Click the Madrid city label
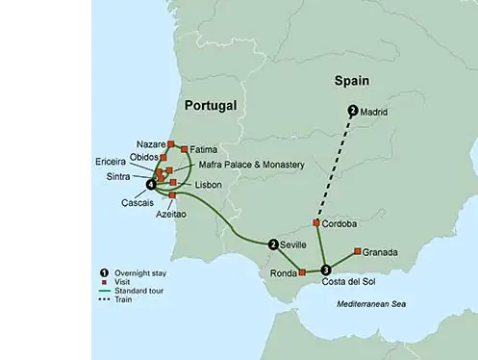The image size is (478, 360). coord(373,113)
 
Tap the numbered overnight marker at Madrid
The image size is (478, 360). coord(353,111)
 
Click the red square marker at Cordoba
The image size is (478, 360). coord(316,222)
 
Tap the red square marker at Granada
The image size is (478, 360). coord(358,251)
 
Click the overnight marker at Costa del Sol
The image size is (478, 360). coord(326,269)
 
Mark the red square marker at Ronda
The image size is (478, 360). coord(302,272)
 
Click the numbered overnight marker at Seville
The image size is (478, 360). coord(274,244)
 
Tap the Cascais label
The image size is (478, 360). coord(138,202)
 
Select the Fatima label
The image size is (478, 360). coord(204,150)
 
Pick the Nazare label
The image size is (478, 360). coord(152,143)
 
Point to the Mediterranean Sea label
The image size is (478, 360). coord(376,304)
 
